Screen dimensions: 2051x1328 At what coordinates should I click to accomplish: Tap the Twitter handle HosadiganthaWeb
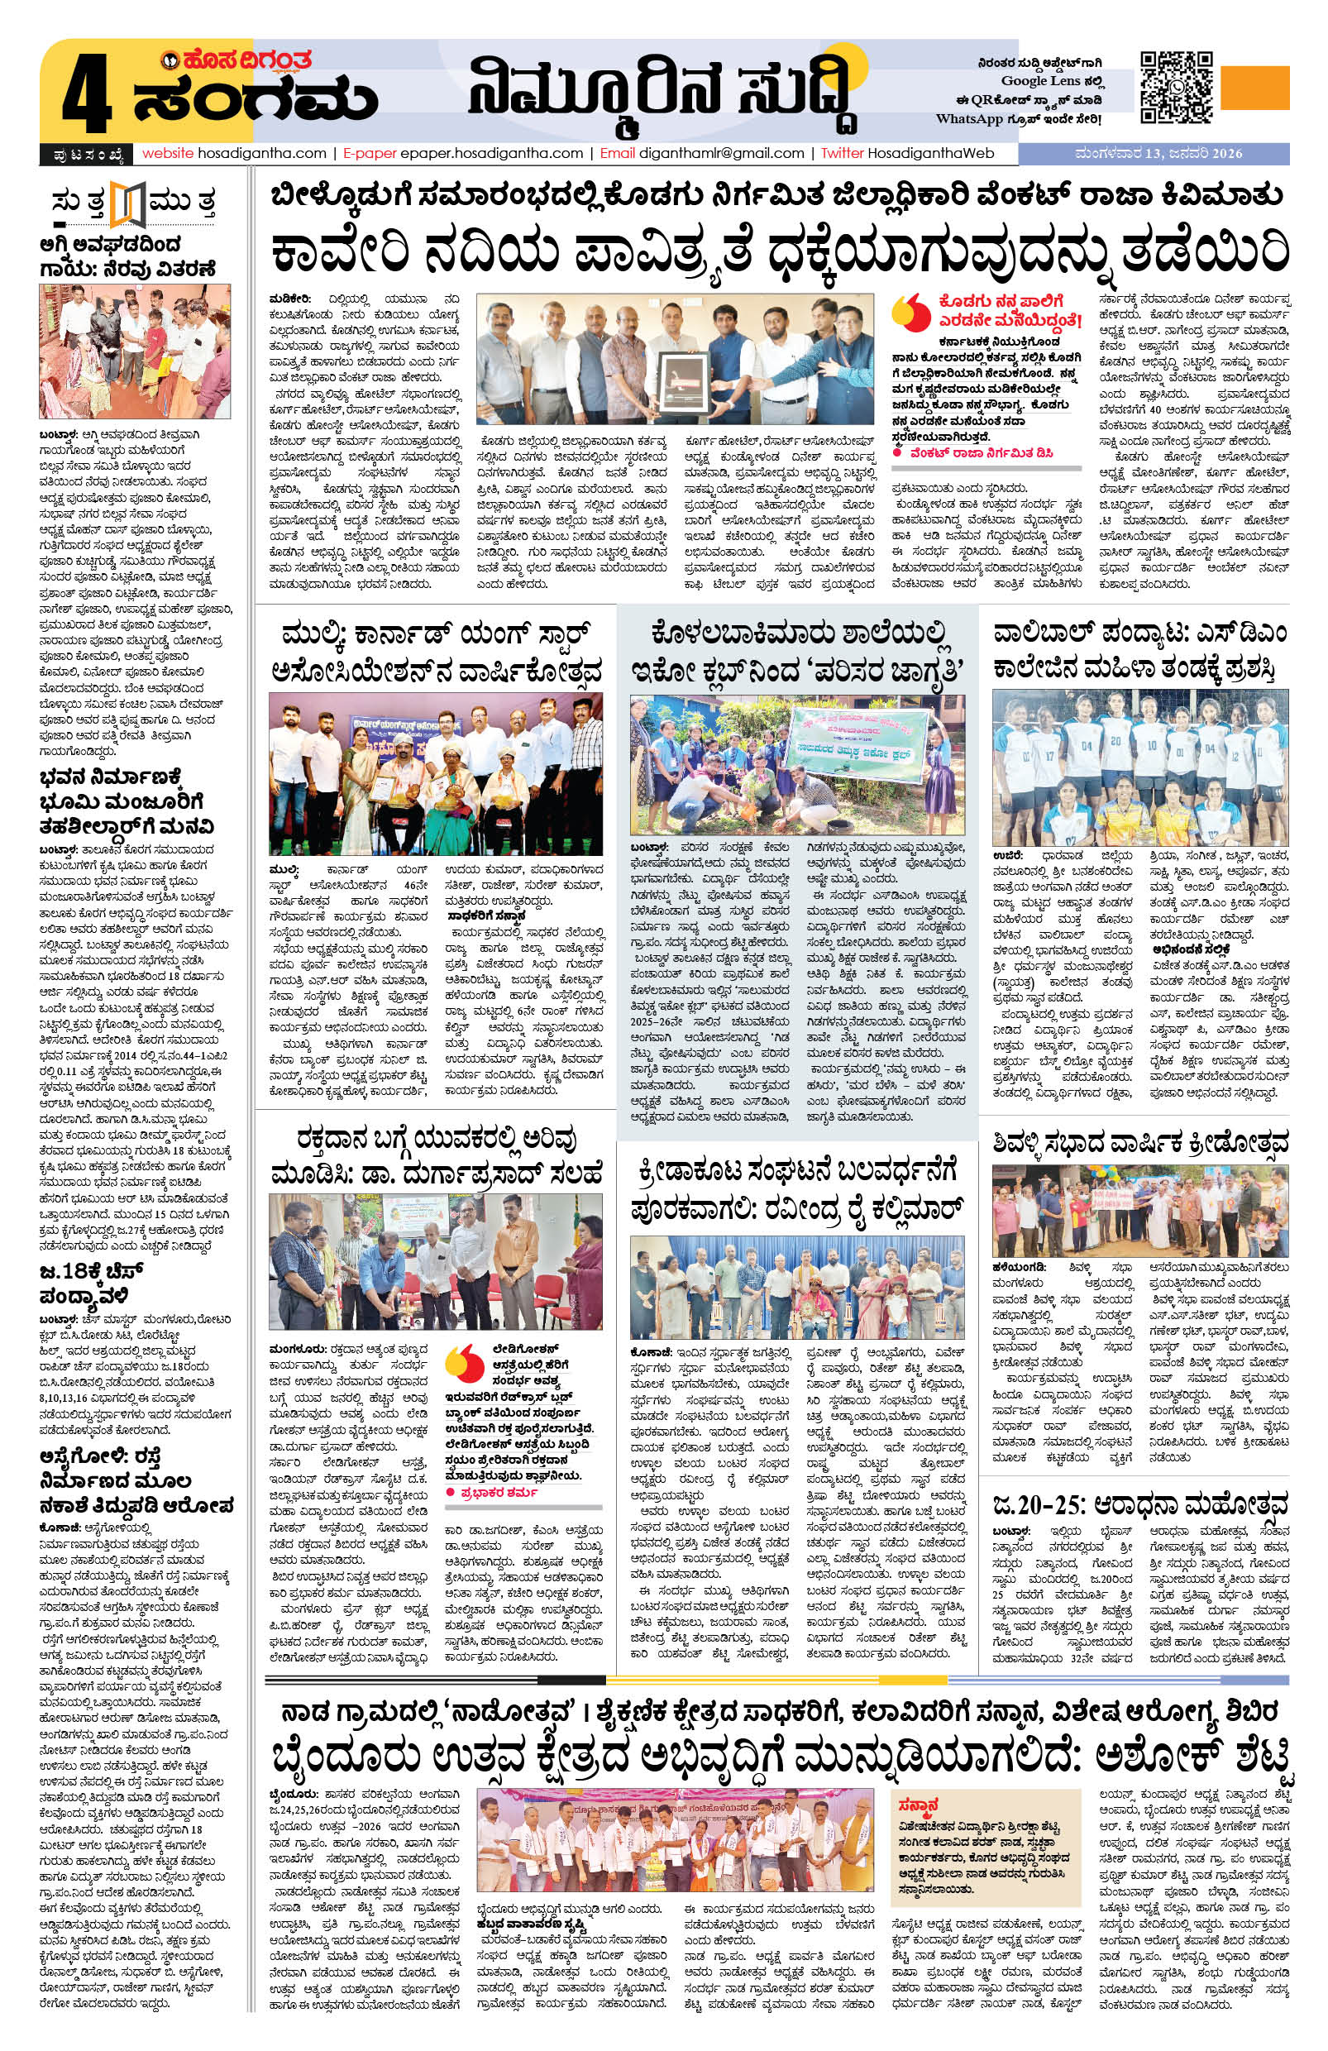927,153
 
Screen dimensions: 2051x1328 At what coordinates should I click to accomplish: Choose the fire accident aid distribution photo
135,351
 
